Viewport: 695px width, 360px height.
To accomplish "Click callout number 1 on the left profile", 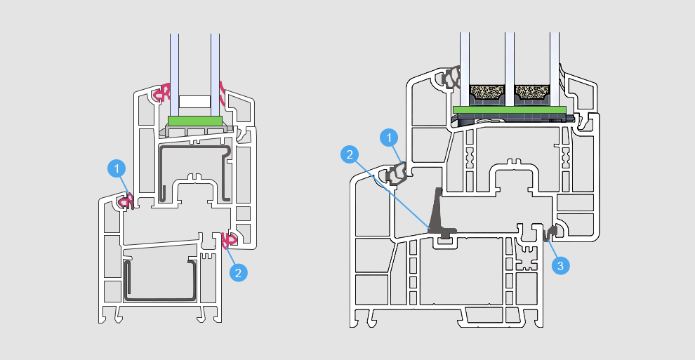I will point(117,168).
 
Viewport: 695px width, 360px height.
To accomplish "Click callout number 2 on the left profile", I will point(239,272).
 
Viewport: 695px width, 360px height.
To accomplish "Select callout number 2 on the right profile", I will point(350,152).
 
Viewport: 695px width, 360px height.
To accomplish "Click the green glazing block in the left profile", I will point(195,121).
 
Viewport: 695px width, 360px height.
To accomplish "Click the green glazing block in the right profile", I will point(509,109).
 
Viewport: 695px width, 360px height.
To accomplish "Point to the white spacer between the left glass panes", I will point(195,102).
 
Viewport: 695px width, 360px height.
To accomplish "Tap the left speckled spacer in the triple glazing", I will point(486,92).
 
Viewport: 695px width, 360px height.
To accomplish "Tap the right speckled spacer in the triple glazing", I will point(533,92).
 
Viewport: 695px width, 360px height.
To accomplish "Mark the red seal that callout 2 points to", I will point(229,241).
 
